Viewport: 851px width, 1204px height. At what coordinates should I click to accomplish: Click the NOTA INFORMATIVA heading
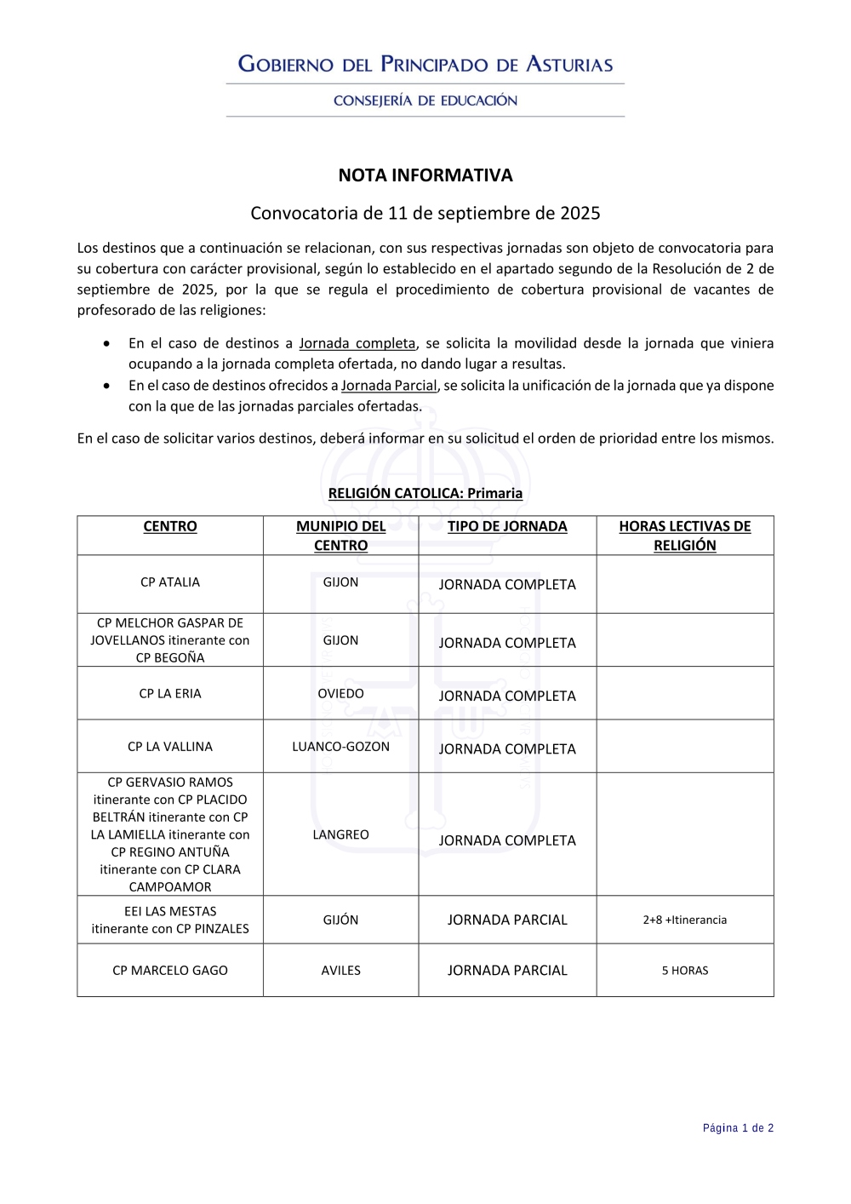coord(425,175)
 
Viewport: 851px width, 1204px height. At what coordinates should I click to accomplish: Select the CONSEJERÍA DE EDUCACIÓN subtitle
coord(425,100)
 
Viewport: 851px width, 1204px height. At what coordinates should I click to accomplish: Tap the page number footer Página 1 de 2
coord(738,1128)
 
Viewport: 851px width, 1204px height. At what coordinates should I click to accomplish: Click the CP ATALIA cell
coord(170,582)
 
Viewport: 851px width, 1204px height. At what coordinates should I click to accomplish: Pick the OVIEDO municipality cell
coord(340,694)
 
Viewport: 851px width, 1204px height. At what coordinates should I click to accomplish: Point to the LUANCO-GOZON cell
coord(340,747)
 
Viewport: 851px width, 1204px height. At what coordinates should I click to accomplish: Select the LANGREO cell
coord(340,834)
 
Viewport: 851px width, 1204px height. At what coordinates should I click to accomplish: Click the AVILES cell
coord(340,971)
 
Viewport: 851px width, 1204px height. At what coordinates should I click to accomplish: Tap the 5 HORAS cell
coord(685,971)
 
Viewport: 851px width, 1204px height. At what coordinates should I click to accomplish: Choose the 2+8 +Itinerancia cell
coord(685,920)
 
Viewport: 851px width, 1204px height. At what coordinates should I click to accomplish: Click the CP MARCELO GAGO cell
coord(170,971)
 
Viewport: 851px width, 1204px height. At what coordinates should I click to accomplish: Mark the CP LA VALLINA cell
coord(170,747)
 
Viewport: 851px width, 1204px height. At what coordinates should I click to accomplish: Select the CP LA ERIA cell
coord(170,694)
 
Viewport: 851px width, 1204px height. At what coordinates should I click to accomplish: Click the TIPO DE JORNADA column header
coord(507,526)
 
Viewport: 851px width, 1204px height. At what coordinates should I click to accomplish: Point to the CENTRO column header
coord(170,526)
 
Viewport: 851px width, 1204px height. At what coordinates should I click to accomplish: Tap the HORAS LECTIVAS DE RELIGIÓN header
coord(685,536)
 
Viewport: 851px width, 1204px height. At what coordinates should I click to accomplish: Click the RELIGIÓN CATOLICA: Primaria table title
coord(425,493)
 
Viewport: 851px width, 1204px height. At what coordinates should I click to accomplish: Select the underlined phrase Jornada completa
coord(357,343)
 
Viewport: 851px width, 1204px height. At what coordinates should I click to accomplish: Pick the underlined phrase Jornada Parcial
coord(389,386)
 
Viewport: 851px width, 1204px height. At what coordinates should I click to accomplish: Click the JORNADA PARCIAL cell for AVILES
coord(507,971)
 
